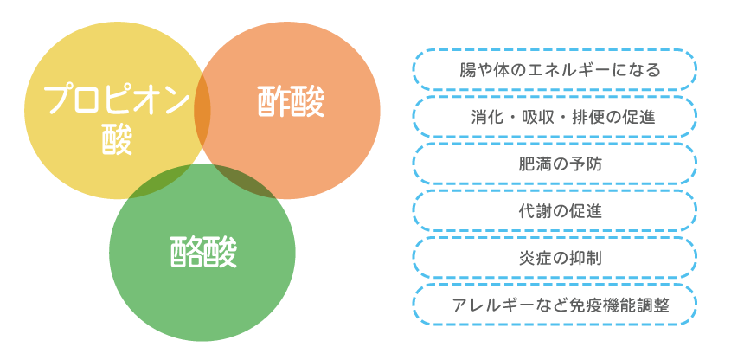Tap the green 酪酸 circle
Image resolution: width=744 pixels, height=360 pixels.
202,294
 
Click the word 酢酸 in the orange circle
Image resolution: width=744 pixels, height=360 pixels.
292,103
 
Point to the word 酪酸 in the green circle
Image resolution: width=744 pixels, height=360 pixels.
203,252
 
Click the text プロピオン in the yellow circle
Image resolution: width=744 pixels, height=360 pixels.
116,100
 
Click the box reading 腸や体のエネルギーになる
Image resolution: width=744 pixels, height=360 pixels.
555,70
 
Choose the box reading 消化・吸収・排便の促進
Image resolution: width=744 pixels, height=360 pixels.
555,117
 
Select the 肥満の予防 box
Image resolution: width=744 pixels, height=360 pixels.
555,164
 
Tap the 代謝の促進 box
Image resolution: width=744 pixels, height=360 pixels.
555,210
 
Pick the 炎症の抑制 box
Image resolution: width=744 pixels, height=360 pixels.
555,257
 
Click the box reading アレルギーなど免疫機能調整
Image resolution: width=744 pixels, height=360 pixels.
555,305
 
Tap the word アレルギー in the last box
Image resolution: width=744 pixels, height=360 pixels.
492,305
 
